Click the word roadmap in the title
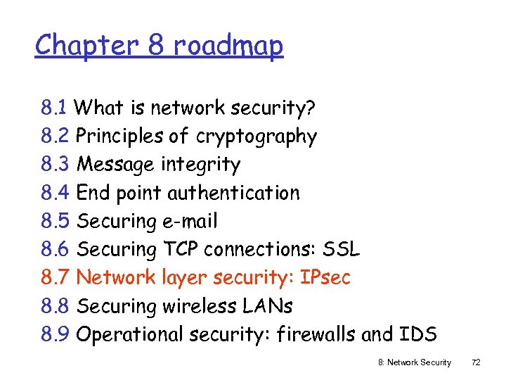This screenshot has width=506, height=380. pos(228,46)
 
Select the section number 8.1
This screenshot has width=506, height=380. pos(54,108)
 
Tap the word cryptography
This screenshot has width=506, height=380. pos(257,137)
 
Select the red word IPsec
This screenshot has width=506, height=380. pos(325,277)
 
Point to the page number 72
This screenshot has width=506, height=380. pos(476,362)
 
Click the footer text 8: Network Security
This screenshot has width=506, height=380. pos(414,362)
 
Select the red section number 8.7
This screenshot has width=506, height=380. pos(55,277)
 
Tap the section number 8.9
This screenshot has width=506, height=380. pos(55,334)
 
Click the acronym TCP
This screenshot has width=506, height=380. pos(181,249)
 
